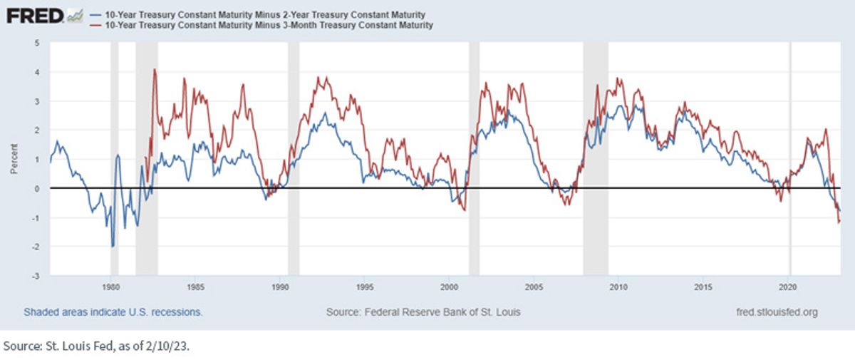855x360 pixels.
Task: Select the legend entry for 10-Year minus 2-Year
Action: tap(258, 15)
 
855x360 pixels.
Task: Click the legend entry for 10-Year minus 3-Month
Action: tap(261, 25)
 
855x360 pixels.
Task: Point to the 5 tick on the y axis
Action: tap(37, 43)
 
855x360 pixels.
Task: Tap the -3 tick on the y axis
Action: tap(36, 276)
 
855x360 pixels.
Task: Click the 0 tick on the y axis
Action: tap(37, 189)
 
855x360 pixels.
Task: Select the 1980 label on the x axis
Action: tap(110, 287)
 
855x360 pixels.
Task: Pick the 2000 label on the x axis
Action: tap(450, 287)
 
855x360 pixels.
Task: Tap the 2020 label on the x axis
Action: tap(788, 287)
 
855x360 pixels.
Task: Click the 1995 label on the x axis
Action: tap(365, 287)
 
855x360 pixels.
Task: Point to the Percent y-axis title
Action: tap(14, 159)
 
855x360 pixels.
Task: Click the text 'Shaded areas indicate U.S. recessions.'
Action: tap(113, 312)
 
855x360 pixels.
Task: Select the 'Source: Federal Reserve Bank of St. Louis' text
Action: tap(423, 312)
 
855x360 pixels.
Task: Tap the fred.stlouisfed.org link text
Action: tap(777, 312)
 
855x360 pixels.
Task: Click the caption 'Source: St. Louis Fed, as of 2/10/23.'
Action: tap(96, 346)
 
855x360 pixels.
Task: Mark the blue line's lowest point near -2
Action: tap(113, 247)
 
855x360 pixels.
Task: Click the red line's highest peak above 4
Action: tap(155, 69)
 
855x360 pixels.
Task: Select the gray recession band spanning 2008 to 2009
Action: tap(596, 158)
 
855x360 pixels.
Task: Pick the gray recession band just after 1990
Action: tap(294, 158)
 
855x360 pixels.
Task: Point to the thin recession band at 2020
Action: tap(790, 158)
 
